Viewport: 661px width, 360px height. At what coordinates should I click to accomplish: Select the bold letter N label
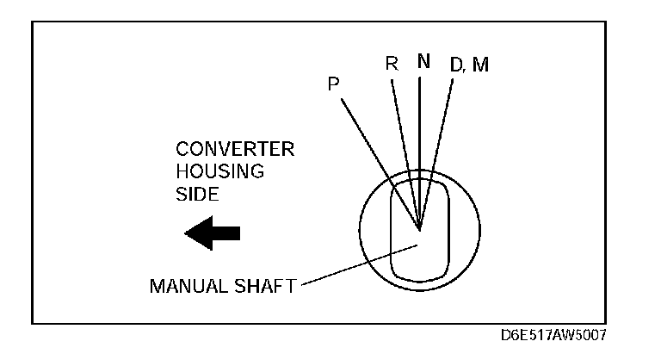422,62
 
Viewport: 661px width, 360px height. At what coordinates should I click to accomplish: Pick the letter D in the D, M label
457,65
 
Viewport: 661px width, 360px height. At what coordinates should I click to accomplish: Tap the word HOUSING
213,171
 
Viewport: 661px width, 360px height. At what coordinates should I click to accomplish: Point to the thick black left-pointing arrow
213,233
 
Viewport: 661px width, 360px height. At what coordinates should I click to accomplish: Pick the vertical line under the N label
420,138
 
